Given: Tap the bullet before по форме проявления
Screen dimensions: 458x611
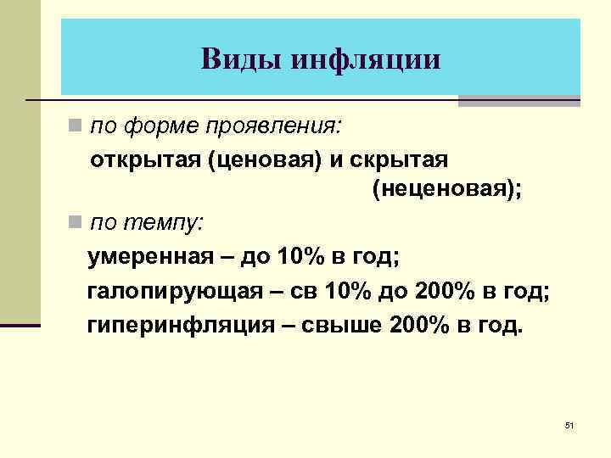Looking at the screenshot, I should (76, 126).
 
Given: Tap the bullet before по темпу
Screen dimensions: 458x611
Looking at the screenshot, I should (76, 223).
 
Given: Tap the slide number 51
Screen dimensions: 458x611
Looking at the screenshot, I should (569, 424).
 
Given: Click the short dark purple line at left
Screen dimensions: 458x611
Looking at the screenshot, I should (20, 324).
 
